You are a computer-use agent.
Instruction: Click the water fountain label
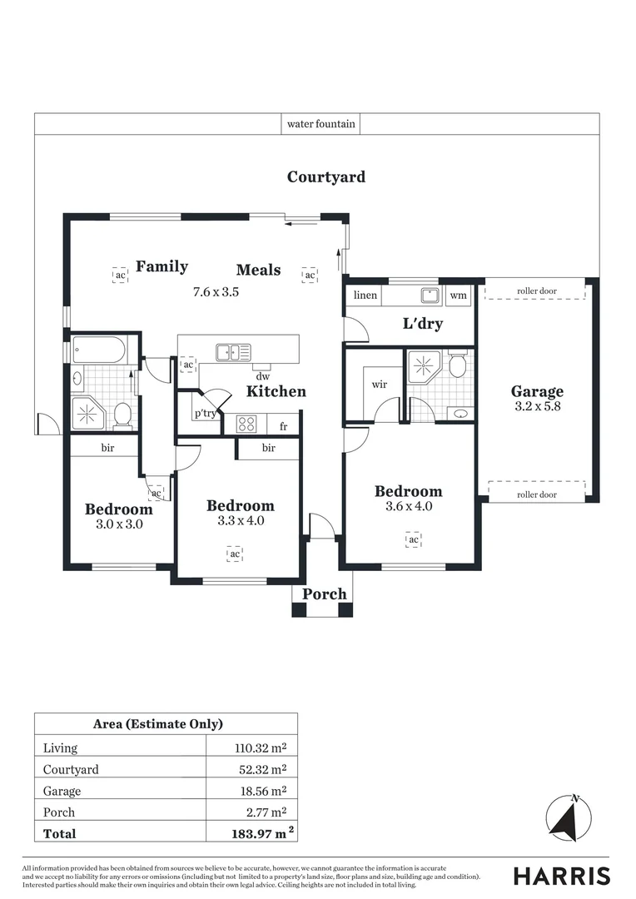point(321,124)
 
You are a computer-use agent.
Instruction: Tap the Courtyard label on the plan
point(325,176)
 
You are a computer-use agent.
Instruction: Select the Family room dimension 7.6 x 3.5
point(216,292)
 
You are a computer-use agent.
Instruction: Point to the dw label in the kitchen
point(263,376)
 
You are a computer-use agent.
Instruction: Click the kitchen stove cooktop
point(246,425)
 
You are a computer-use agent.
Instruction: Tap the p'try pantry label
point(205,414)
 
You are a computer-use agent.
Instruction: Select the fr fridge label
point(284,427)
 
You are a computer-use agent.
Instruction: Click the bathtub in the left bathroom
point(99,350)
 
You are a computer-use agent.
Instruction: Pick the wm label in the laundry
point(458,296)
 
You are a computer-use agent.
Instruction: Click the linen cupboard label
point(365,296)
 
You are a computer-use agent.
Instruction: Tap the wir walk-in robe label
point(380,384)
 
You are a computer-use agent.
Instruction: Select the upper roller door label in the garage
point(537,291)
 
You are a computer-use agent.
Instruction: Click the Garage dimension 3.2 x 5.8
point(537,407)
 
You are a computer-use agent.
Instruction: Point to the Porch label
point(324,594)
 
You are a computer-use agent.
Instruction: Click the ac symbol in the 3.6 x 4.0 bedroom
point(413,540)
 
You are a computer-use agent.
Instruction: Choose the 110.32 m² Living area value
point(260,748)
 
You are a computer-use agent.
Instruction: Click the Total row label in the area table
point(59,833)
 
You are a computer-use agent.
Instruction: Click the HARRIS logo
point(561,876)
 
